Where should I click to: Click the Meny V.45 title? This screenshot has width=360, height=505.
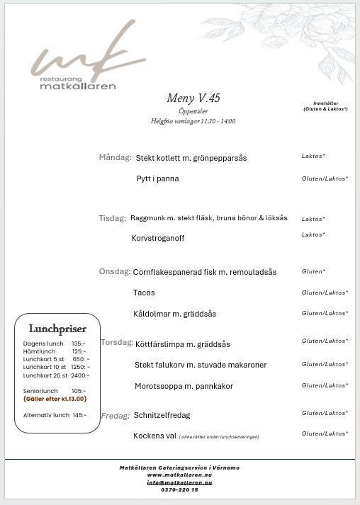(189, 98)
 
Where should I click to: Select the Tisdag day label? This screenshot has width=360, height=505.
(112, 218)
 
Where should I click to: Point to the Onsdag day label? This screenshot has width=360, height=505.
(114, 271)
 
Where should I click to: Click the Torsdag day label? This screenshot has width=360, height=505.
(117, 342)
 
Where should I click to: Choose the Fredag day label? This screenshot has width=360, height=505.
(116, 416)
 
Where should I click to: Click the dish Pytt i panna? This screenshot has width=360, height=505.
(157, 179)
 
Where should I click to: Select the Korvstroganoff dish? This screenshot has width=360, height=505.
(158, 238)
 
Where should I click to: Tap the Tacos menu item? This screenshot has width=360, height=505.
(144, 293)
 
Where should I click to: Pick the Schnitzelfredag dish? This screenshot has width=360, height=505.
(162, 415)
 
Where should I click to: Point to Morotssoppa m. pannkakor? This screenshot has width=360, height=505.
(184, 386)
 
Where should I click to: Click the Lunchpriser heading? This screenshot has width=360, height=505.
(57, 329)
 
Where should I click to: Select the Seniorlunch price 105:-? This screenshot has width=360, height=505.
(79, 391)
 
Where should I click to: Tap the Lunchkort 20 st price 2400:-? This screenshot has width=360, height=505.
(80, 375)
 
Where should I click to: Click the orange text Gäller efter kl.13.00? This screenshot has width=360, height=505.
(55, 399)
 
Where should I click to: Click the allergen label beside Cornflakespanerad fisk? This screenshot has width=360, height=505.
(313, 271)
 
